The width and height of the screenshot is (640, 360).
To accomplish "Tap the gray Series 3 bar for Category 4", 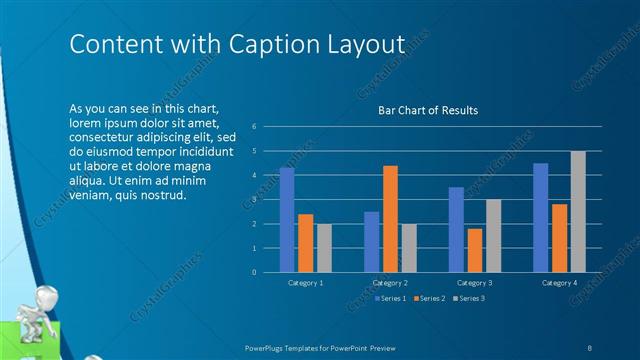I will click(x=578, y=212).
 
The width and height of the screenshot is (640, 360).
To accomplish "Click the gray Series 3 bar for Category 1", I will click(x=324, y=248).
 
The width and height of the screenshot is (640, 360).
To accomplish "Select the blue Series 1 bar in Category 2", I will click(x=372, y=242).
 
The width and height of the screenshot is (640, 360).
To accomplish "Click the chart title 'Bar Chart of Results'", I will click(x=427, y=110).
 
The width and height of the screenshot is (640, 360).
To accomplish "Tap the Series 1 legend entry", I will click(x=390, y=298).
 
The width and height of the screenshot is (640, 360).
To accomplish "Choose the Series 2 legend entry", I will click(x=430, y=298).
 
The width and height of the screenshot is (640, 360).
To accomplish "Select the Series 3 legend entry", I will click(x=470, y=298).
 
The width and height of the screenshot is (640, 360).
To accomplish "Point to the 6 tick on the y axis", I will click(x=256, y=127).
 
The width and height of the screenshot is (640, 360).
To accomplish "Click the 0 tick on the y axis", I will click(x=256, y=272).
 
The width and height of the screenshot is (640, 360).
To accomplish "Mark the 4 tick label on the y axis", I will click(x=256, y=175).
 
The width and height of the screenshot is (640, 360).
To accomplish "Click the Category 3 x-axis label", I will click(x=476, y=284).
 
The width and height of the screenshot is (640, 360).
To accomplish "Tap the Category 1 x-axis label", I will click(x=305, y=284).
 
